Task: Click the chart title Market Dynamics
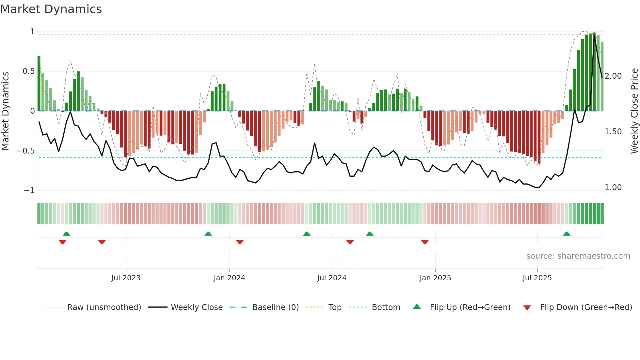(x=51, y=9)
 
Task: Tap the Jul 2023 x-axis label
(x=126, y=278)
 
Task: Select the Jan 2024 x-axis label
(x=229, y=278)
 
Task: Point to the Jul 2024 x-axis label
(x=332, y=278)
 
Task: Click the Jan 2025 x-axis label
(x=435, y=278)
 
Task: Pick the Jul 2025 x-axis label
(x=537, y=278)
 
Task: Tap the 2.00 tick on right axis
(x=613, y=76)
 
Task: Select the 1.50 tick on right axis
(x=613, y=132)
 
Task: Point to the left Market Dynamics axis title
(x=5, y=111)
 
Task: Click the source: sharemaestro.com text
(x=578, y=256)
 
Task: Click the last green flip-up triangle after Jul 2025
(x=567, y=234)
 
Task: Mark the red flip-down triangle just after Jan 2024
(x=240, y=242)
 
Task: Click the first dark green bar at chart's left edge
(x=39, y=84)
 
